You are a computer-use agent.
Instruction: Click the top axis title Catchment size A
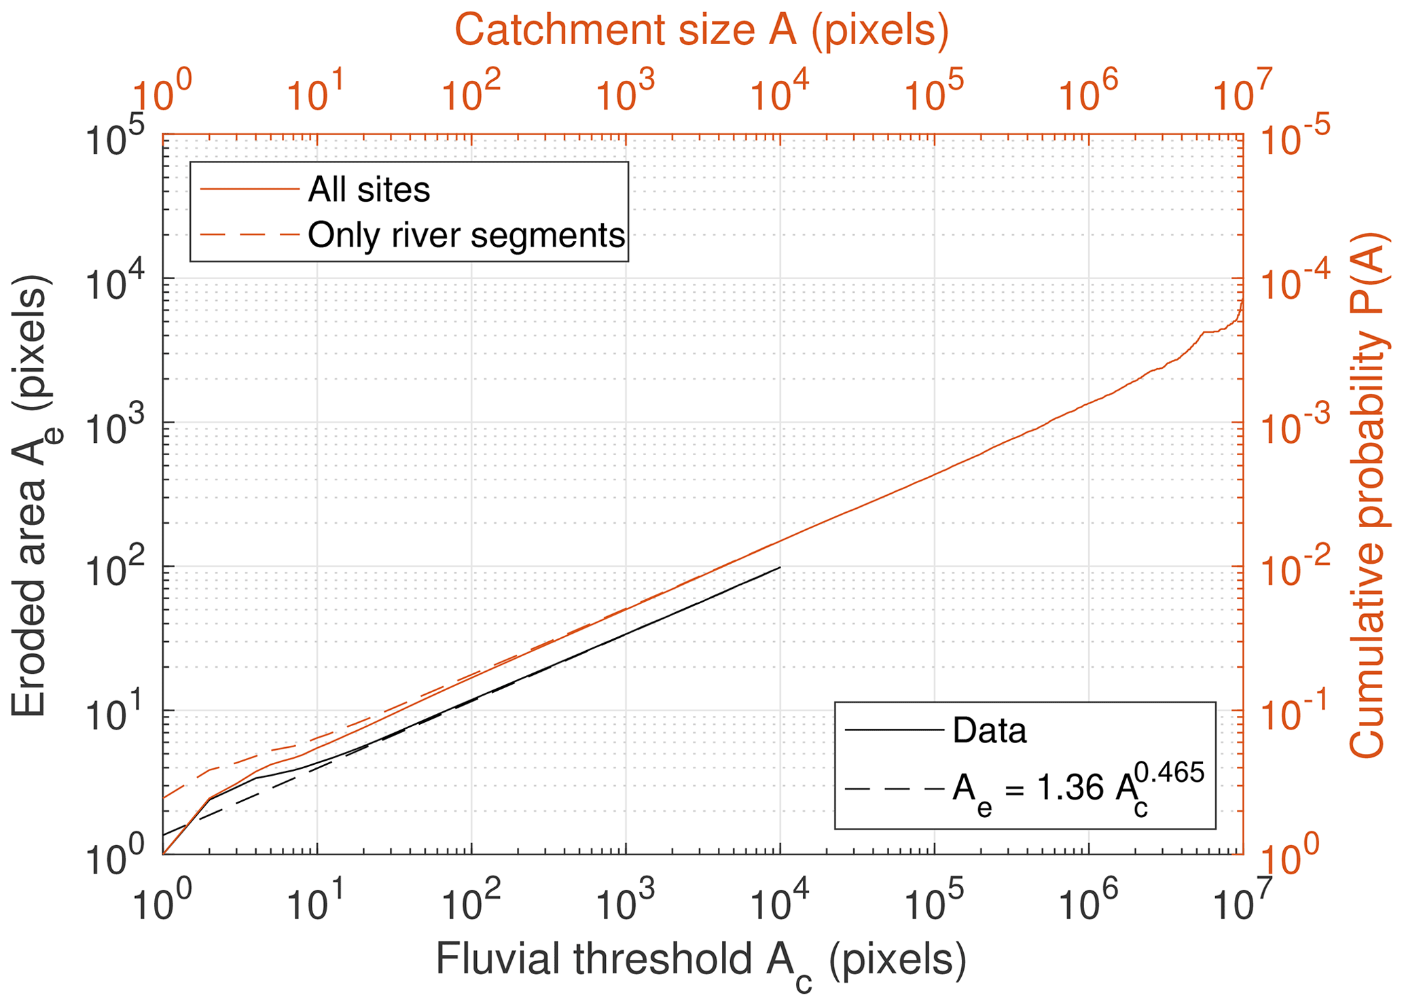701,31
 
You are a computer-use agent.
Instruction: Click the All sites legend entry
369,190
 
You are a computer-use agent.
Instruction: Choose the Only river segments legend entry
466,235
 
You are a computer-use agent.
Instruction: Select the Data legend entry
989,730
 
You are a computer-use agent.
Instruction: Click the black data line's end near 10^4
780,567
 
